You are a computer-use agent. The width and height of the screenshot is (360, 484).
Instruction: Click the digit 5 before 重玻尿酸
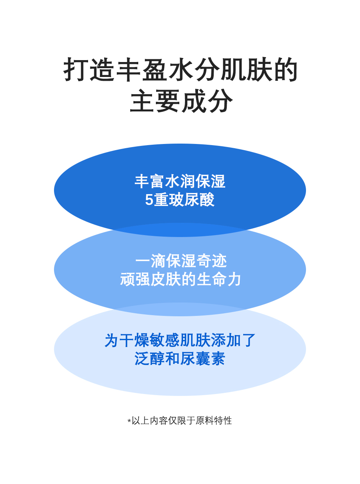149,200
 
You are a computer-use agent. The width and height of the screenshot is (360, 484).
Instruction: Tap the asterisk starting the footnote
129,421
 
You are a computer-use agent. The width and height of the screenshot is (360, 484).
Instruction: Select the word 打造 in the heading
90,70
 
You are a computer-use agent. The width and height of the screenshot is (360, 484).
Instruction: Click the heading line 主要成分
181,101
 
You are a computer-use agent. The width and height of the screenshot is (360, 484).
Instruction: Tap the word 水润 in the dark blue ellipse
180,181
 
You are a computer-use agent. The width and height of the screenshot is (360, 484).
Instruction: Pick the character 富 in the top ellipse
157,181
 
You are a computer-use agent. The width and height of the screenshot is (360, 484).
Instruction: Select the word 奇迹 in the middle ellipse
212,261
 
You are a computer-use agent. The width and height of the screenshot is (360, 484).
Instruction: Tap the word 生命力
219,280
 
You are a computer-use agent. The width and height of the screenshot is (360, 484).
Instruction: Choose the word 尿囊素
203,359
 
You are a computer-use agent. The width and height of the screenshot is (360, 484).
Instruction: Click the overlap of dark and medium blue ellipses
180,230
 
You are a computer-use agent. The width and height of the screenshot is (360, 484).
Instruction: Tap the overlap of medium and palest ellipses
180,309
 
